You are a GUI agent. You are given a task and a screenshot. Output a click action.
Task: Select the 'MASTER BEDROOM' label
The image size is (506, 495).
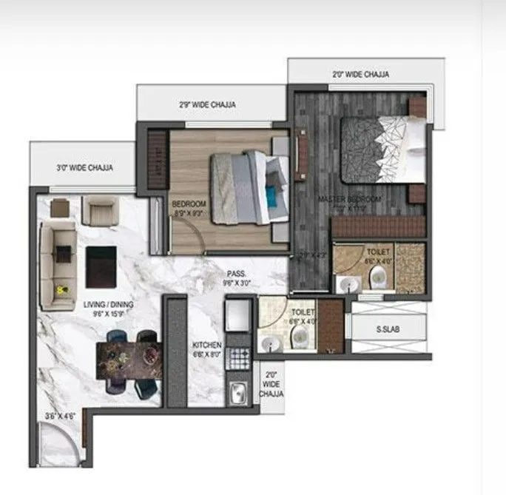[x=349, y=200]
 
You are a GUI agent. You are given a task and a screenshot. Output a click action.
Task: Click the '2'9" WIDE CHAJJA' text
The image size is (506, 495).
[x=207, y=105]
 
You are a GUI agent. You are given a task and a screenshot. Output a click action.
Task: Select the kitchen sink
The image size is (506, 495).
[x=238, y=393]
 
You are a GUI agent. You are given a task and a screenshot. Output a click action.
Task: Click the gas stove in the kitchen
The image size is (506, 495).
[x=238, y=358]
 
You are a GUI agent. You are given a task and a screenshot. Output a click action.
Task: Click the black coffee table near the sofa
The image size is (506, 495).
[x=101, y=266]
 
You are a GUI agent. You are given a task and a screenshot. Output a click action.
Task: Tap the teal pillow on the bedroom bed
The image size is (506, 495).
[x=272, y=196]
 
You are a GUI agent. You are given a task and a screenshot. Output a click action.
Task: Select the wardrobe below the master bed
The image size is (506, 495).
[x=378, y=226]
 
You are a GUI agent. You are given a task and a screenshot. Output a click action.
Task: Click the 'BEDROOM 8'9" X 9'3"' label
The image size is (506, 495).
[x=189, y=209]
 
